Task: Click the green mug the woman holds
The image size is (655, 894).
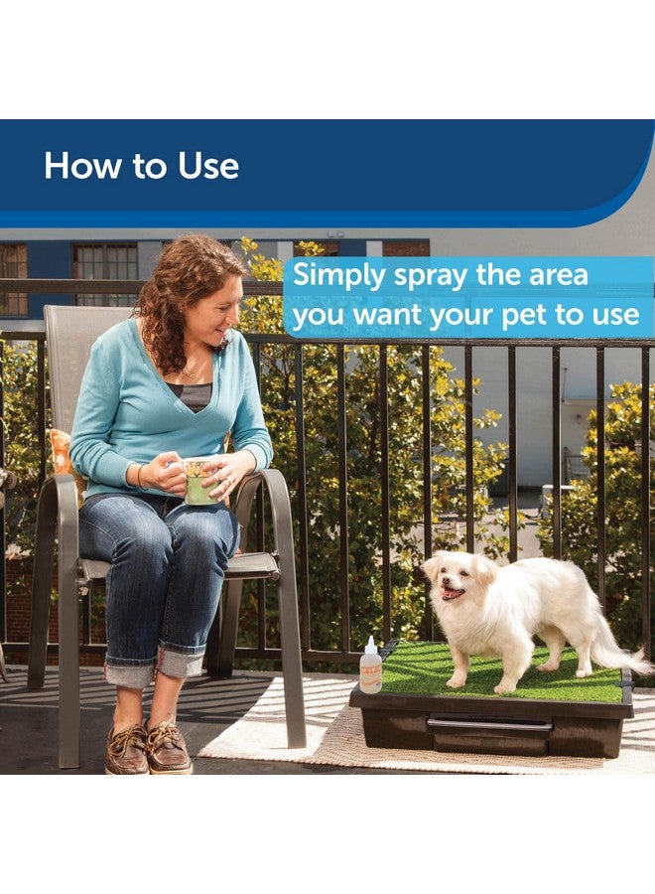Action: coord(199,482)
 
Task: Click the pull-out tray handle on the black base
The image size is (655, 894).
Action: coord(489,724)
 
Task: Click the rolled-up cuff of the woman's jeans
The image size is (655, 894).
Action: coord(130,673)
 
